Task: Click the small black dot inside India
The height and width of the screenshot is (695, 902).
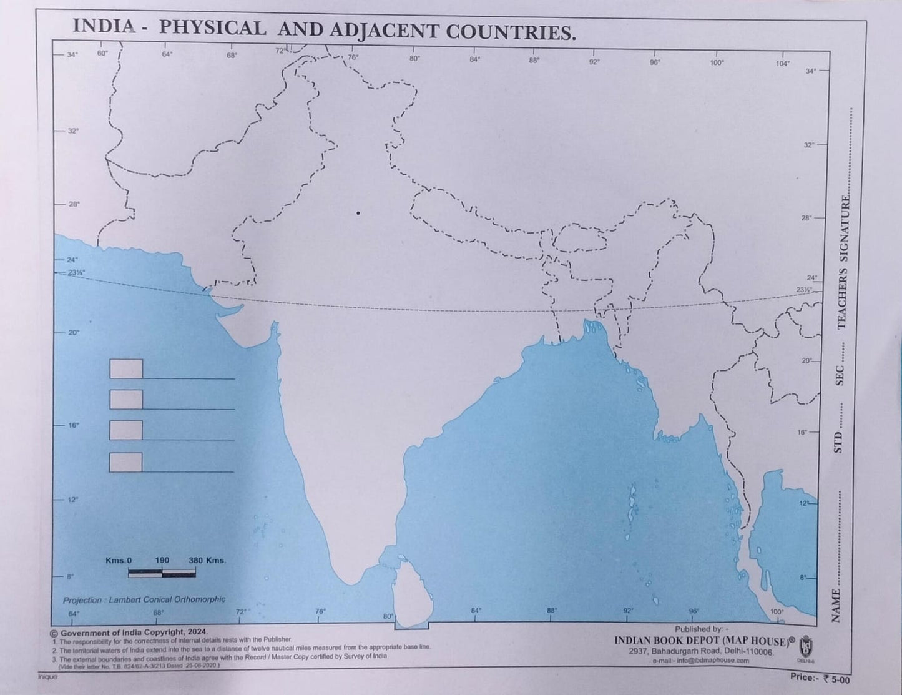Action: click(x=358, y=213)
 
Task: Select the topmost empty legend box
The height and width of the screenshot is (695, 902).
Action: click(x=126, y=369)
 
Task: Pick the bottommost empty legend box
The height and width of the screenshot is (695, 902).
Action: click(x=125, y=462)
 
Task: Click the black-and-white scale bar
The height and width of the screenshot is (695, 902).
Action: click(x=162, y=571)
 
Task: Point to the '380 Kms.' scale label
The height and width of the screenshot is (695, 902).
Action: click(x=207, y=560)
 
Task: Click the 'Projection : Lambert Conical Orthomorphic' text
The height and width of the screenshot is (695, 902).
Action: click(x=144, y=599)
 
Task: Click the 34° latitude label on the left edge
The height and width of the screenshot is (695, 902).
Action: click(x=72, y=55)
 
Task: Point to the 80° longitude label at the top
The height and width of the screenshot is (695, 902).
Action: click(x=414, y=58)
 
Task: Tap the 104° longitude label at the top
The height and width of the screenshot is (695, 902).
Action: click(x=783, y=64)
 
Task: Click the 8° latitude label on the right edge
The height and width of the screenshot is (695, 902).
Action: click(x=803, y=578)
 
